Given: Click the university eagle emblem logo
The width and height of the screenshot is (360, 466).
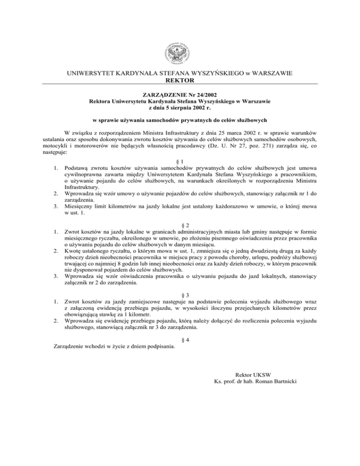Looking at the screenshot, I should (180, 50).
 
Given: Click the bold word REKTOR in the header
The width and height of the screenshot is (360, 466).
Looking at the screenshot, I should (180, 80).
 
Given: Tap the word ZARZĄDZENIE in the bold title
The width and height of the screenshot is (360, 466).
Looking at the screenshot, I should (162, 94).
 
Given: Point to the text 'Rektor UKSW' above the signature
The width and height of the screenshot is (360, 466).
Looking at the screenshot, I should (254, 374).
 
